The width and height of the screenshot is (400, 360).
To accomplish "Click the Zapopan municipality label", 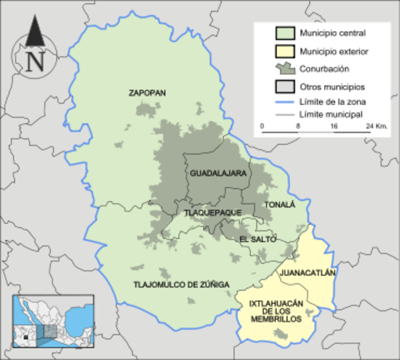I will pos(147,93).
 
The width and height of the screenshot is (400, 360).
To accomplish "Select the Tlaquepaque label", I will pos(212,212).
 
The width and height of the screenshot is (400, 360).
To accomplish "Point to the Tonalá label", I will pos(280,204).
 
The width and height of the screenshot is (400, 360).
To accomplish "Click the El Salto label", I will pos(257,239).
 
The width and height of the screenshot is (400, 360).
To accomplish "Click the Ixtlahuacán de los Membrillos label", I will pos(275,310).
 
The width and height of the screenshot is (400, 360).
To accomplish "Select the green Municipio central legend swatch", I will pos(284,34).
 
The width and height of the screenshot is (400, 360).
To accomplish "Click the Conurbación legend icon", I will pos(284,69).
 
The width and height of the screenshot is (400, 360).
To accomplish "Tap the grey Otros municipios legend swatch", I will pos(284,86).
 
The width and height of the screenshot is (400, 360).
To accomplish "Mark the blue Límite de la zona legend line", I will pos(284,100).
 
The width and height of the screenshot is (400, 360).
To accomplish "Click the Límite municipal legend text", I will pos(331,114).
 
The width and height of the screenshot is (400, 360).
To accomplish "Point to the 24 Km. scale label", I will pos(375,127).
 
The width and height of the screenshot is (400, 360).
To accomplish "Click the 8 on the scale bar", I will pos(299,127).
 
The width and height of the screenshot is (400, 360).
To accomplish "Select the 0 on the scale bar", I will pos(262,127).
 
